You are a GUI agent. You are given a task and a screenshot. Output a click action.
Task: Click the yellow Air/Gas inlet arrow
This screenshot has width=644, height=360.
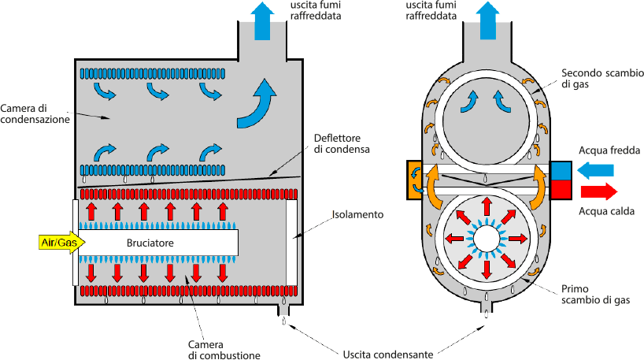58,243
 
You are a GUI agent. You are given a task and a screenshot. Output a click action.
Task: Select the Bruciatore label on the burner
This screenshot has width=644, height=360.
150,243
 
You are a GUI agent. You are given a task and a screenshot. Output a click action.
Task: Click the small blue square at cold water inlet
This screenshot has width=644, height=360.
560,170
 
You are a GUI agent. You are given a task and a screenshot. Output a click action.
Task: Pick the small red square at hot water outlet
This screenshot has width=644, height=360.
560,189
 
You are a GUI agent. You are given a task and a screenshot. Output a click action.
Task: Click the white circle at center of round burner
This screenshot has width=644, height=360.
486,236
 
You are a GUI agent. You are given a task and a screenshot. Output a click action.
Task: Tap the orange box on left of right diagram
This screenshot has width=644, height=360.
415,178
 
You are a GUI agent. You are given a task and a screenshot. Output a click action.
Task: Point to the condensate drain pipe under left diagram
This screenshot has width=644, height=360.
284,310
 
